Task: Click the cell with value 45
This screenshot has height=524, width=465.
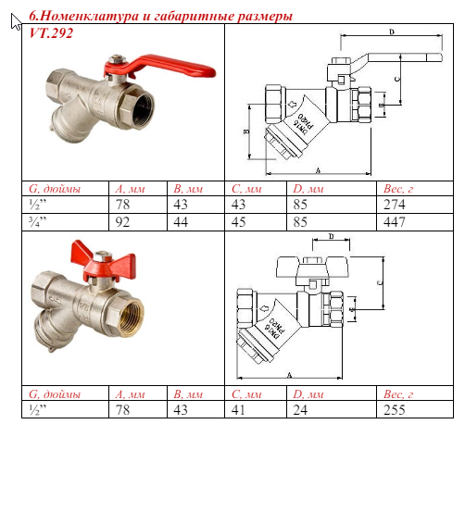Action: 239,222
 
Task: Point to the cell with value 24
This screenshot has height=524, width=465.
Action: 300,410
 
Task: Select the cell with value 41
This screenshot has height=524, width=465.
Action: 239,410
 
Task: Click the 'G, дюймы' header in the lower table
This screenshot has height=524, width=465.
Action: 56,395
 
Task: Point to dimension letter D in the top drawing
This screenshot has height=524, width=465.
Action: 391,32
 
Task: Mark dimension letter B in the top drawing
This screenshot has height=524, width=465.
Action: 245,131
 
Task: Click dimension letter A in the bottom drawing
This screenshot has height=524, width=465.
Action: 290,374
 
